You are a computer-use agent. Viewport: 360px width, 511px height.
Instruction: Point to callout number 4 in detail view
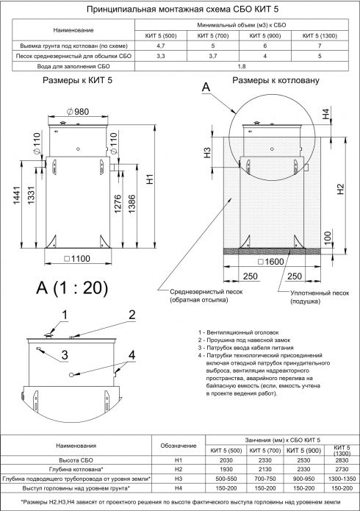[x=132, y=356]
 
